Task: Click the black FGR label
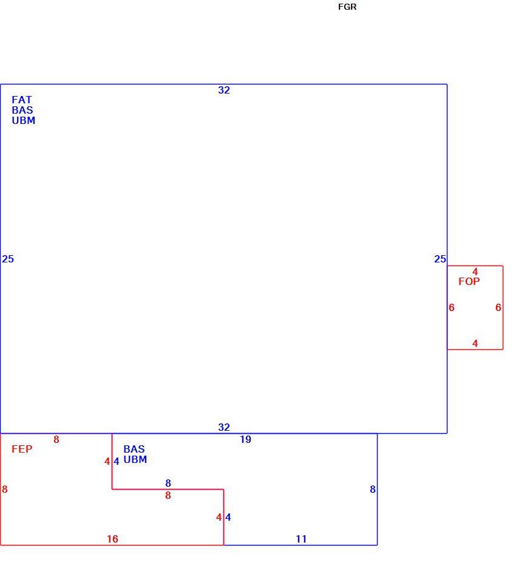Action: (x=347, y=7)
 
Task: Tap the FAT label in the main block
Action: (x=22, y=100)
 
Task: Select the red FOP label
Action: (x=469, y=281)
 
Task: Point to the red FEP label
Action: (x=22, y=449)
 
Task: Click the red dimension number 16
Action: (x=112, y=539)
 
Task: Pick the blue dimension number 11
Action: (x=301, y=539)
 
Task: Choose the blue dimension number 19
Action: (x=246, y=439)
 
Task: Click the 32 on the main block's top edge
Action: (x=224, y=90)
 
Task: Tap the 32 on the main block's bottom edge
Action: (x=224, y=427)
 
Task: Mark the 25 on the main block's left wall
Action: (x=8, y=259)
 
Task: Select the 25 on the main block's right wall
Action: (x=440, y=259)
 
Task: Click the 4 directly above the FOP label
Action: (x=475, y=272)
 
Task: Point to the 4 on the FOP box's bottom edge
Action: (x=475, y=343)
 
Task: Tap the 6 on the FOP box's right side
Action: (x=498, y=307)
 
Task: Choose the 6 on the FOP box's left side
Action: (x=452, y=307)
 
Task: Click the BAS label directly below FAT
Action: (x=22, y=110)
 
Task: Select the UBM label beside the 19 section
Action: (x=135, y=459)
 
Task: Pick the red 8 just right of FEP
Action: (x=56, y=439)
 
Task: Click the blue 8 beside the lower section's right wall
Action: (x=373, y=489)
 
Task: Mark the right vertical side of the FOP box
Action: (x=503, y=307)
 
